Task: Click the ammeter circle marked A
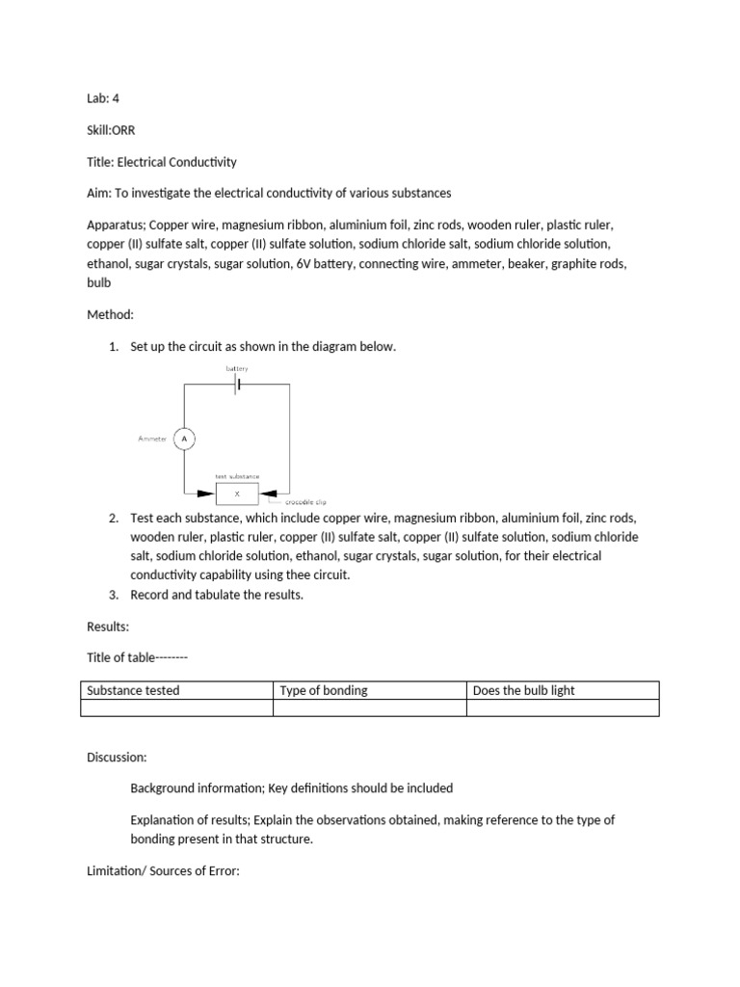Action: [x=184, y=439]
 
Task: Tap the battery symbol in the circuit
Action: [x=236, y=384]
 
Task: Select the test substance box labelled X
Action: [x=237, y=493]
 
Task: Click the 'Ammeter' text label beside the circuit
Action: [x=152, y=439]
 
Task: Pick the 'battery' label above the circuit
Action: [x=237, y=368]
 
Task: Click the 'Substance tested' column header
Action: [x=133, y=690]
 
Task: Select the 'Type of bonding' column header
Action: [x=323, y=690]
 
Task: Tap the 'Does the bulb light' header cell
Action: [x=524, y=690]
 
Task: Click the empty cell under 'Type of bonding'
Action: [x=369, y=708]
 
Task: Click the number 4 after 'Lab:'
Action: [x=116, y=98]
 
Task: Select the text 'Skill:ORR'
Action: [x=111, y=130]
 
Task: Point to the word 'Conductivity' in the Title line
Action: [x=202, y=161]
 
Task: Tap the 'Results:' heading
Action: [x=108, y=627]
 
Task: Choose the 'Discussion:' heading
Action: [x=117, y=757]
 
